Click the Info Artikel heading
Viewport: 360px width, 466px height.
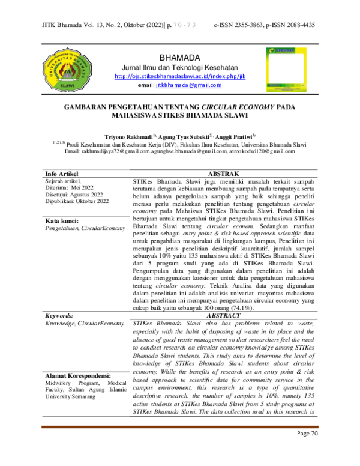pyautogui.click(x=62, y=174)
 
